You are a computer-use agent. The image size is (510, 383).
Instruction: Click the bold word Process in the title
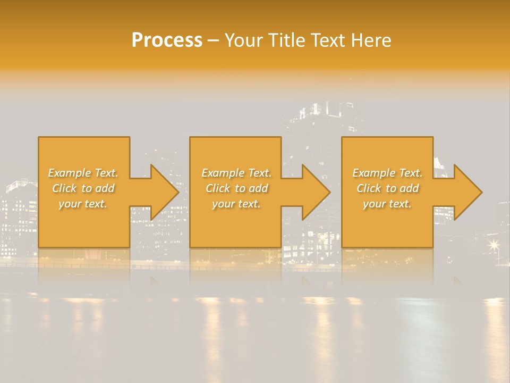(167, 40)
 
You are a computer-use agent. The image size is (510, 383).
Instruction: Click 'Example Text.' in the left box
(83, 173)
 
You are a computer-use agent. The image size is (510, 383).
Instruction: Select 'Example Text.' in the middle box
(236, 173)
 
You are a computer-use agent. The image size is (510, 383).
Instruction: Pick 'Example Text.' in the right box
(387, 173)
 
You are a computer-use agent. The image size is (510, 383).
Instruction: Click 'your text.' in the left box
(83, 204)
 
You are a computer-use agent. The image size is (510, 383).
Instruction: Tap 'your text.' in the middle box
(236, 204)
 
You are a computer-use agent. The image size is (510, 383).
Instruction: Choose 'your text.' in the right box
(387, 204)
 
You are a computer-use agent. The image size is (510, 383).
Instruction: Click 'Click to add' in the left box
(83, 188)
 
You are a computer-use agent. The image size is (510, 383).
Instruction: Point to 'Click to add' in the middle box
(236, 188)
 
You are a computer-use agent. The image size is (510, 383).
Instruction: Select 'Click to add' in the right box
(387, 188)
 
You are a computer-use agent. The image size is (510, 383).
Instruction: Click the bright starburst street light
(494, 245)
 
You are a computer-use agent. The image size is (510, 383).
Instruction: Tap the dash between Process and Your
(213, 41)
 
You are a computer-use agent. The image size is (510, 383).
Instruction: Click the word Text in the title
(325, 40)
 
